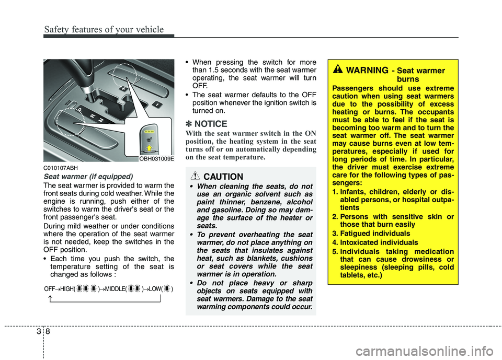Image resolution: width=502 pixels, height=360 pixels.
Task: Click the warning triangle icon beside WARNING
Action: tap(338, 70)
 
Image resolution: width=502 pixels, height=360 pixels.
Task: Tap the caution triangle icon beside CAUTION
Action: tap(196, 176)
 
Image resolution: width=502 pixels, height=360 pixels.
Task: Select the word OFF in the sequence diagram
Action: tap(50, 289)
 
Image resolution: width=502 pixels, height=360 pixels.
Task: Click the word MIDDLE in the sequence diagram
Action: tap(115, 289)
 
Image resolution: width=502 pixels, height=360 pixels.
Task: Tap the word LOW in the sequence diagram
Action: tap(155, 289)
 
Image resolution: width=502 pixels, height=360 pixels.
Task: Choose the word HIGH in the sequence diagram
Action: tap(67, 289)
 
